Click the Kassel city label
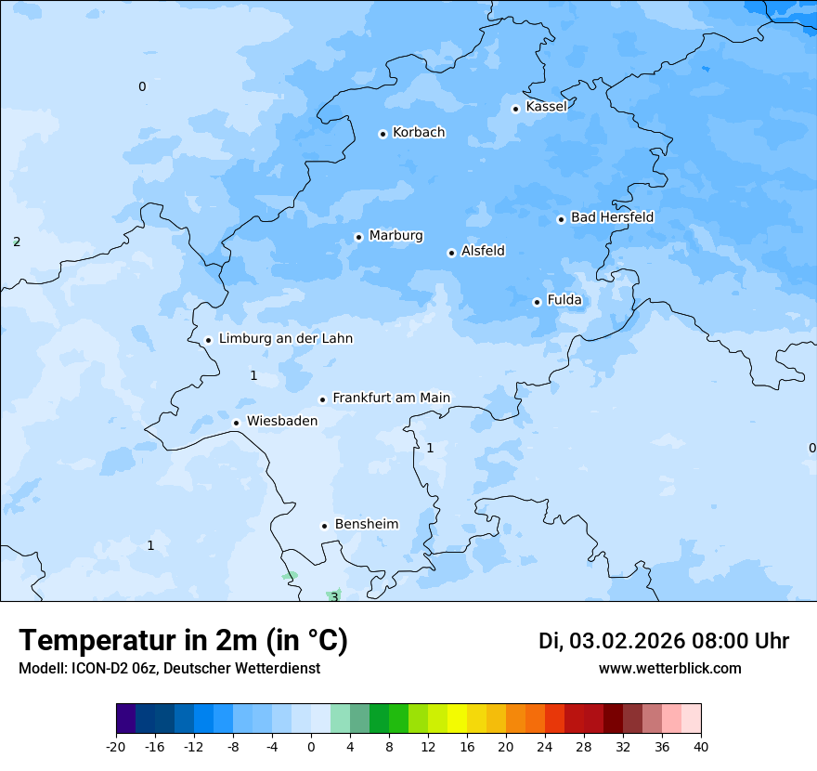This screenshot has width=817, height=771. pyautogui.click(x=546, y=107)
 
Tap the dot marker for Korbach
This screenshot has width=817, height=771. pyautogui.click(x=383, y=134)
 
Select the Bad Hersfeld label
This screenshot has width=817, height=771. pyautogui.click(x=612, y=217)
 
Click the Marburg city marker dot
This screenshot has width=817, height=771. pyautogui.click(x=358, y=237)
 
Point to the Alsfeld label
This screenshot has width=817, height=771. pyautogui.click(x=483, y=251)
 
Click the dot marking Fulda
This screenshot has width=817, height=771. pyautogui.click(x=537, y=302)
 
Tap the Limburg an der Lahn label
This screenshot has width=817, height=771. pyautogui.click(x=285, y=339)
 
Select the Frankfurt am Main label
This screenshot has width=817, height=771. pyautogui.click(x=391, y=398)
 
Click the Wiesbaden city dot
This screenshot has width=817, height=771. pyautogui.click(x=236, y=423)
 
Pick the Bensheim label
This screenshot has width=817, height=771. pyautogui.click(x=366, y=524)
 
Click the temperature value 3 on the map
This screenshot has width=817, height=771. pyautogui.click(x=334, y=597)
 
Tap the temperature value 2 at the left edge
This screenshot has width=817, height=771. pyautogui.click(x=17, y=242)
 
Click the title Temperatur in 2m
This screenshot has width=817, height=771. pyautogui.click(x=183, y=641)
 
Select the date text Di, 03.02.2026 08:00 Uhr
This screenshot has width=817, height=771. pyautogui.click(x=664, y=641)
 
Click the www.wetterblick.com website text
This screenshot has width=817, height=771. pyautogui.click(x=669, y=668)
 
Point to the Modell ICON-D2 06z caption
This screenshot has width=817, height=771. pyautogui.click(x=169, y=668)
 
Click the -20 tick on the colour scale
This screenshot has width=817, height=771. pyautogui.click(x=116, y=746)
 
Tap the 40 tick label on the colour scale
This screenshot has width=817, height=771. pyautogui.click(x=701, y=746)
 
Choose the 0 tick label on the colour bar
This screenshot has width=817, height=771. pyautogui.click(x=311, y=746)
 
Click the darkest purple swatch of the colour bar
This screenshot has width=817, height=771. pyautogui.click(x=125, y=719)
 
